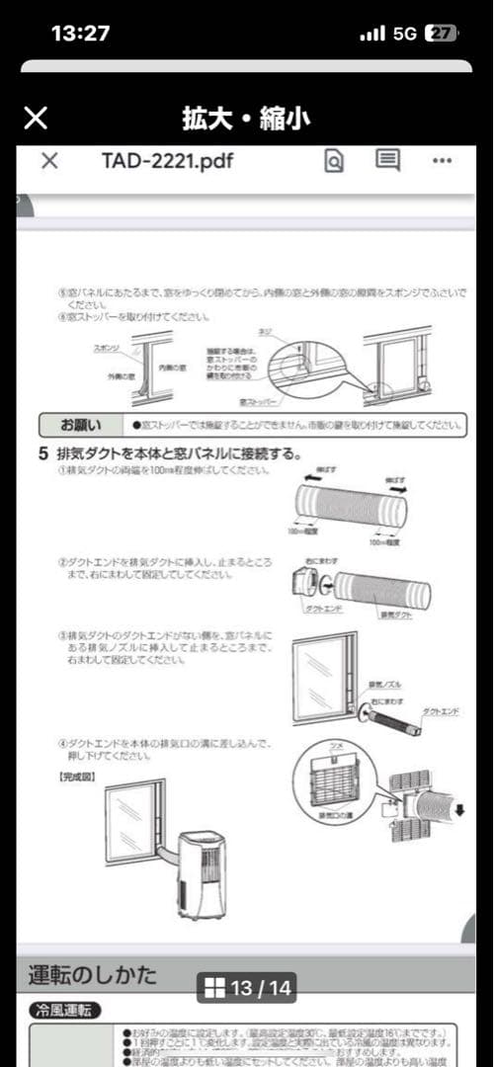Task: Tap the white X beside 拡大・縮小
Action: click(x=36, y=119)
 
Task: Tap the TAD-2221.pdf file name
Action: click(x=168, y=162)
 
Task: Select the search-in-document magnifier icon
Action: click(x=334, y=162)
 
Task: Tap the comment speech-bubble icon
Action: click(x=388, y=161)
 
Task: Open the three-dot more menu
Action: click(x=442, y=162)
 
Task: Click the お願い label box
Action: click(x=80, y=426)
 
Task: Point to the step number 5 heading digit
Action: click(x=42, y=454)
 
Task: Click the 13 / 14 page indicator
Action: click(x=247, y=987)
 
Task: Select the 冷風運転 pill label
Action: click(x=64, y=1011)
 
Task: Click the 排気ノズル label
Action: click(x=382, y=684)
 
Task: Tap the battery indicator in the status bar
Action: click(x=441, y=33)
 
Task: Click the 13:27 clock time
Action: click(x=80, y=33)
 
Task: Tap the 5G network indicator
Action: click(x=404, y=33)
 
